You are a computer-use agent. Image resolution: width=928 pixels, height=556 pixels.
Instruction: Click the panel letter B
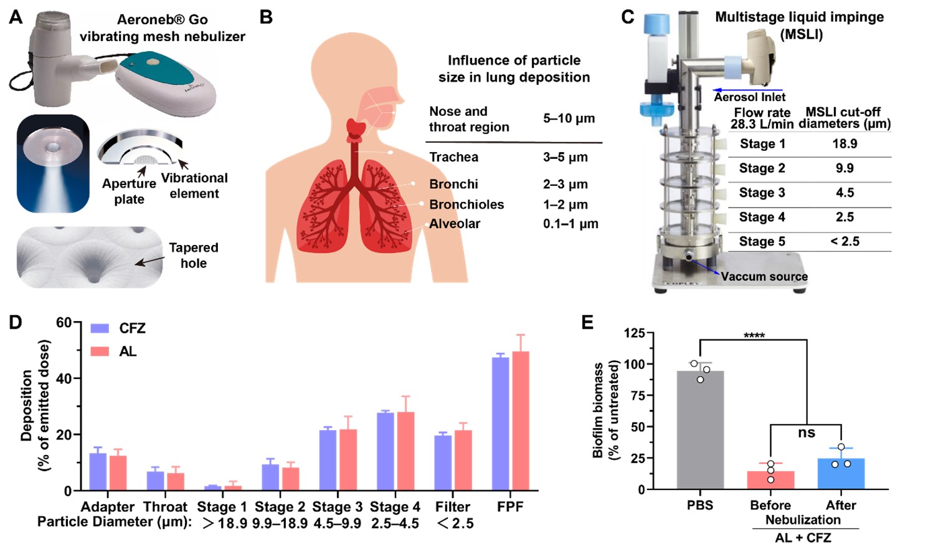click(x=266, y=17)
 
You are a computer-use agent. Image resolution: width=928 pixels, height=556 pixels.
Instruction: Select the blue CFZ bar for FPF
click(x=500, y=424)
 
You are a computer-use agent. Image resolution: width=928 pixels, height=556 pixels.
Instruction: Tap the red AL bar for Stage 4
click(x=405, y=451)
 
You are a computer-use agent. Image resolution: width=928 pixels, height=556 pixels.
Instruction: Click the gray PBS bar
click(x=700, y=430)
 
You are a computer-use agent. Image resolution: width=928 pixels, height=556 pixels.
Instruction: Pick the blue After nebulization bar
click(x=841, y=474)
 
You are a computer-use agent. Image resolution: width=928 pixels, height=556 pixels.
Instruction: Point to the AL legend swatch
click(x=100, y=352)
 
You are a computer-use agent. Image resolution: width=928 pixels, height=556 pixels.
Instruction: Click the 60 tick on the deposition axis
click(x=64, y=323)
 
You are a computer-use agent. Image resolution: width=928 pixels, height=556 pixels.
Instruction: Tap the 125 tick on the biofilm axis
click(x=634, y=333)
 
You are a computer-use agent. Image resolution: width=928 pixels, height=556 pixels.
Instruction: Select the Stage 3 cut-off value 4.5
click(x=845, y=193)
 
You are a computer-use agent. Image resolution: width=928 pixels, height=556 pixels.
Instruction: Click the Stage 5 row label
click(x=762, y=242)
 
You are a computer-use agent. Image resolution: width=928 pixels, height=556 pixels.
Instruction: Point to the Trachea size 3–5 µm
click(x=565, y=157)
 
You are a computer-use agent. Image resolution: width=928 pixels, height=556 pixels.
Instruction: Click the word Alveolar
click(x=455, y=224)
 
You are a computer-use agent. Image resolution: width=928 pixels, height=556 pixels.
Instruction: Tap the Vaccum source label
click(x=764, y=276)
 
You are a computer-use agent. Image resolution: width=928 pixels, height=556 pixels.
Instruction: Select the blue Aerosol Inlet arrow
click(x=747, y=90)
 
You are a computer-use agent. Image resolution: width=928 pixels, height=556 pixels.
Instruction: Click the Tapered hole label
click(x=194, y=256)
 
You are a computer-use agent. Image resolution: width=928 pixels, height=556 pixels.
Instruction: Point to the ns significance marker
click(x=806, y=433)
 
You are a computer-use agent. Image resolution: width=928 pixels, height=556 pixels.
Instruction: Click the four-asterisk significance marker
click(x=754, y=336)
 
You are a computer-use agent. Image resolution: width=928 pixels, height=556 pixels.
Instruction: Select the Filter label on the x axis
click(x=453, y=507)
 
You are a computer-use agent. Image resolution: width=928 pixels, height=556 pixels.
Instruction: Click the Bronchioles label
click(x=466, y=204)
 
